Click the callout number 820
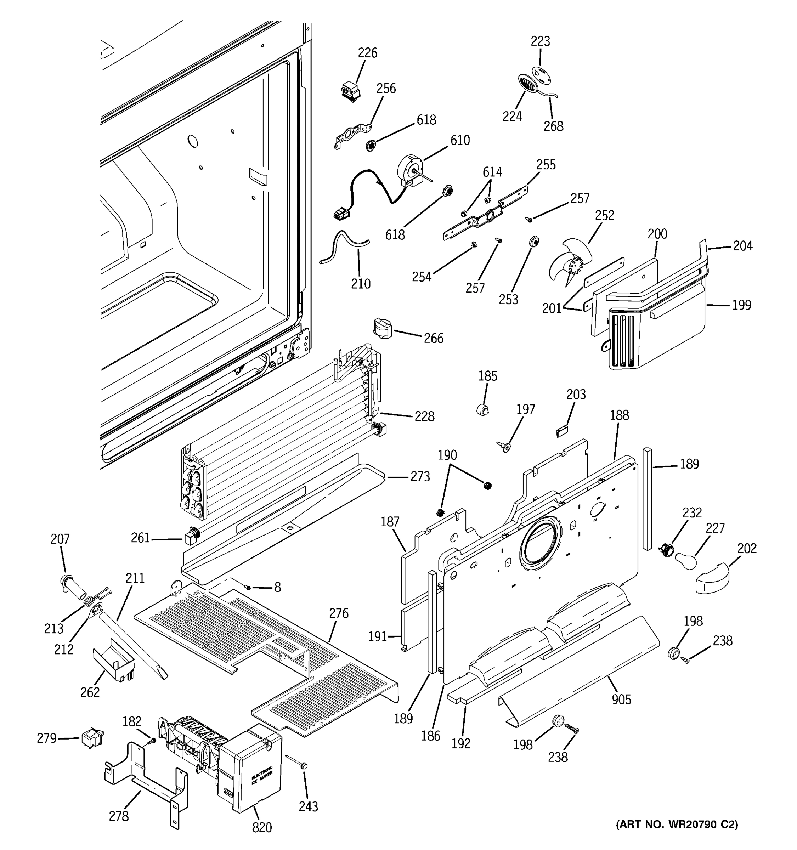pyautogui.click(x=262, y=827)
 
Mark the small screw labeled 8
pyautogui.click(x=248, y=588)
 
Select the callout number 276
pyautogui.click(x=339, y=613)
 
